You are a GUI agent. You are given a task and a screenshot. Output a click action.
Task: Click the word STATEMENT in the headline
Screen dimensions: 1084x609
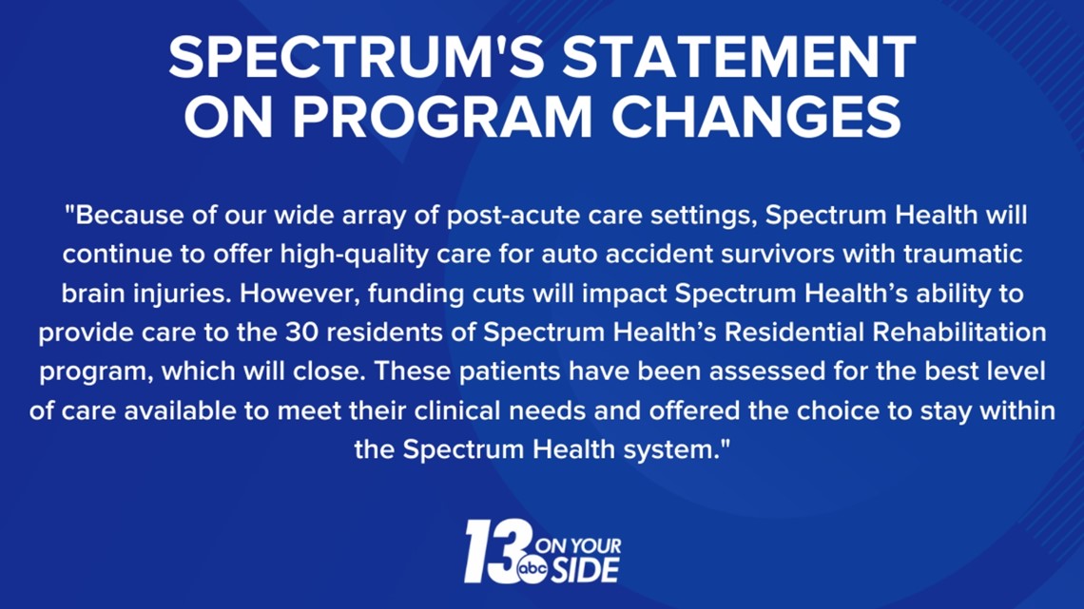pyautogui.click(x=739, y=57)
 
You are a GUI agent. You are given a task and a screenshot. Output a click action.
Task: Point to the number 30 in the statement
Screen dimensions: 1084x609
pyautogui.click(x=300, y=333)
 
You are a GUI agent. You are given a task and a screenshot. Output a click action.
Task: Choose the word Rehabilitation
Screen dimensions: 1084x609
pyautogui.click(x=959, y=333)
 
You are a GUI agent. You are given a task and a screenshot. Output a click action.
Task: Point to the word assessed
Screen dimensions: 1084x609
pyautogui.click(x=766, y=371)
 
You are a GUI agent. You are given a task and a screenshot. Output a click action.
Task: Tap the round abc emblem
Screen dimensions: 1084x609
pyautogui.click(x=532, y=568)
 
